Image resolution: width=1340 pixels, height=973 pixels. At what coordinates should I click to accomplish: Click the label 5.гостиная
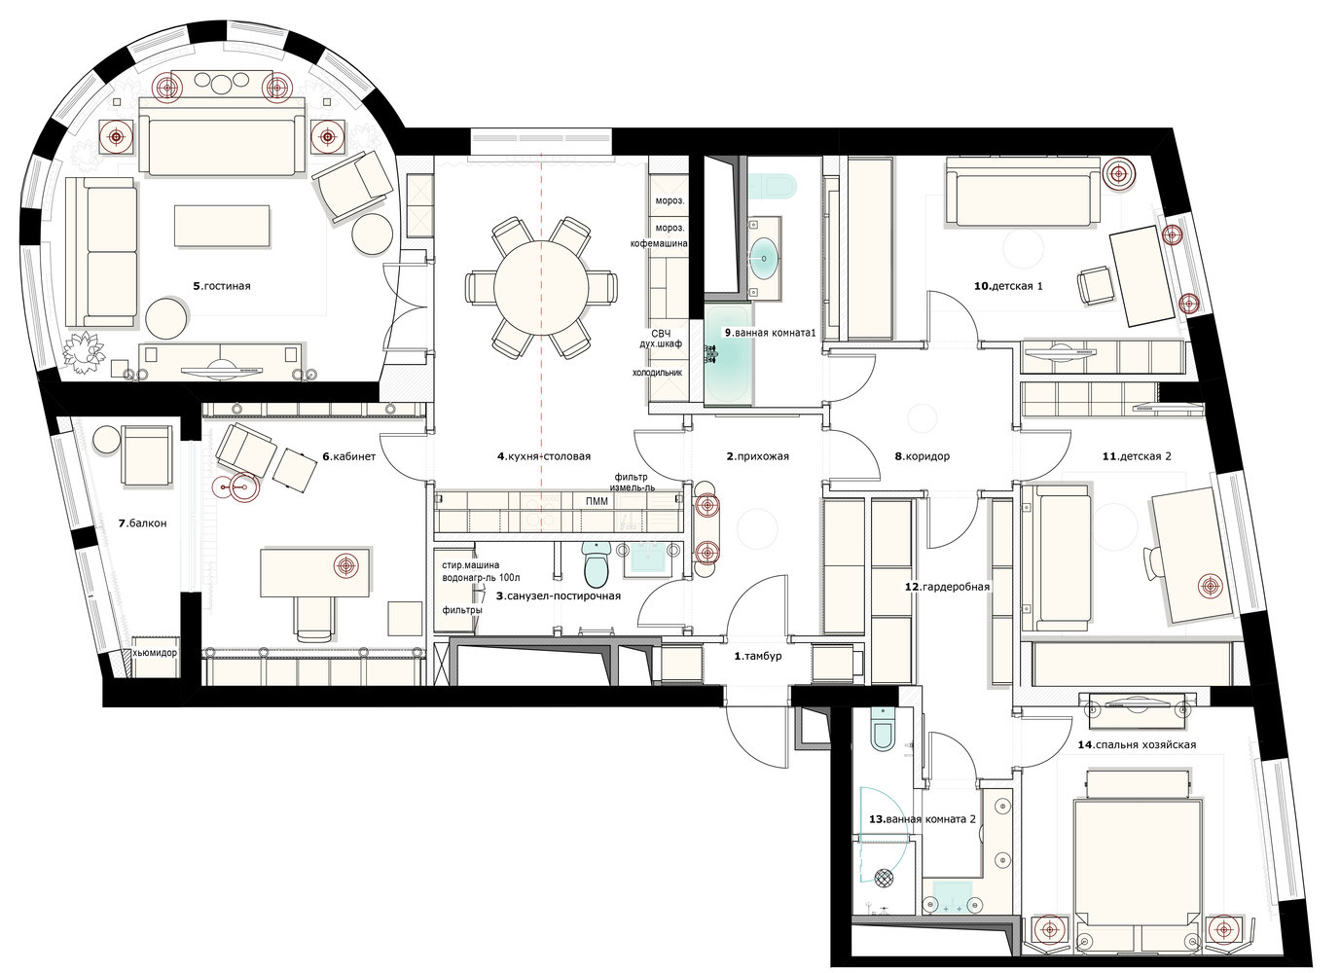(x=221, y=286)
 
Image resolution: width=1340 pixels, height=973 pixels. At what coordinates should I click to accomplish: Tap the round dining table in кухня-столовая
(x=541, y=288)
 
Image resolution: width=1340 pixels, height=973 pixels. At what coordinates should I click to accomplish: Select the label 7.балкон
(x=142, y=523)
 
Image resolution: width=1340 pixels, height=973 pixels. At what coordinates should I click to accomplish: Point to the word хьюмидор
(x=155, y=653)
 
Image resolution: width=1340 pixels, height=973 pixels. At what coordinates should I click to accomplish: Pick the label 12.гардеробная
(x=947, y=587)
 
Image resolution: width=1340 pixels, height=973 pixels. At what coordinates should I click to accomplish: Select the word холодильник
(x=658, y=373)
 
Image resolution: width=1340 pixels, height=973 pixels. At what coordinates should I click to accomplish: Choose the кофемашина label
(x=659, y=243)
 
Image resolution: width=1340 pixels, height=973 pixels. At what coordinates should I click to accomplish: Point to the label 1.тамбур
(x=758, y=656)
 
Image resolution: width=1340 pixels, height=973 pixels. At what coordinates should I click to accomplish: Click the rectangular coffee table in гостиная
(x=221, y=226)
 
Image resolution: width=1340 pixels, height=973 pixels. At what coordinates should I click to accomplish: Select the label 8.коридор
(x=922, y=456)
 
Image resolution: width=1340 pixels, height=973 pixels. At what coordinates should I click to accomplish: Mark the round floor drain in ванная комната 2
(x=885, y=878)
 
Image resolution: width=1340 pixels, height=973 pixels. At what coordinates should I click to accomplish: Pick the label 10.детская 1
(x=1008, y=286)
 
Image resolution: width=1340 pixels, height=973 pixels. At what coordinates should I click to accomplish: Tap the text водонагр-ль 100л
(x=481, y=578)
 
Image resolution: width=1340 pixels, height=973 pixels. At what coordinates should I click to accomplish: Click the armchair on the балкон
(x=147, y=454)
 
